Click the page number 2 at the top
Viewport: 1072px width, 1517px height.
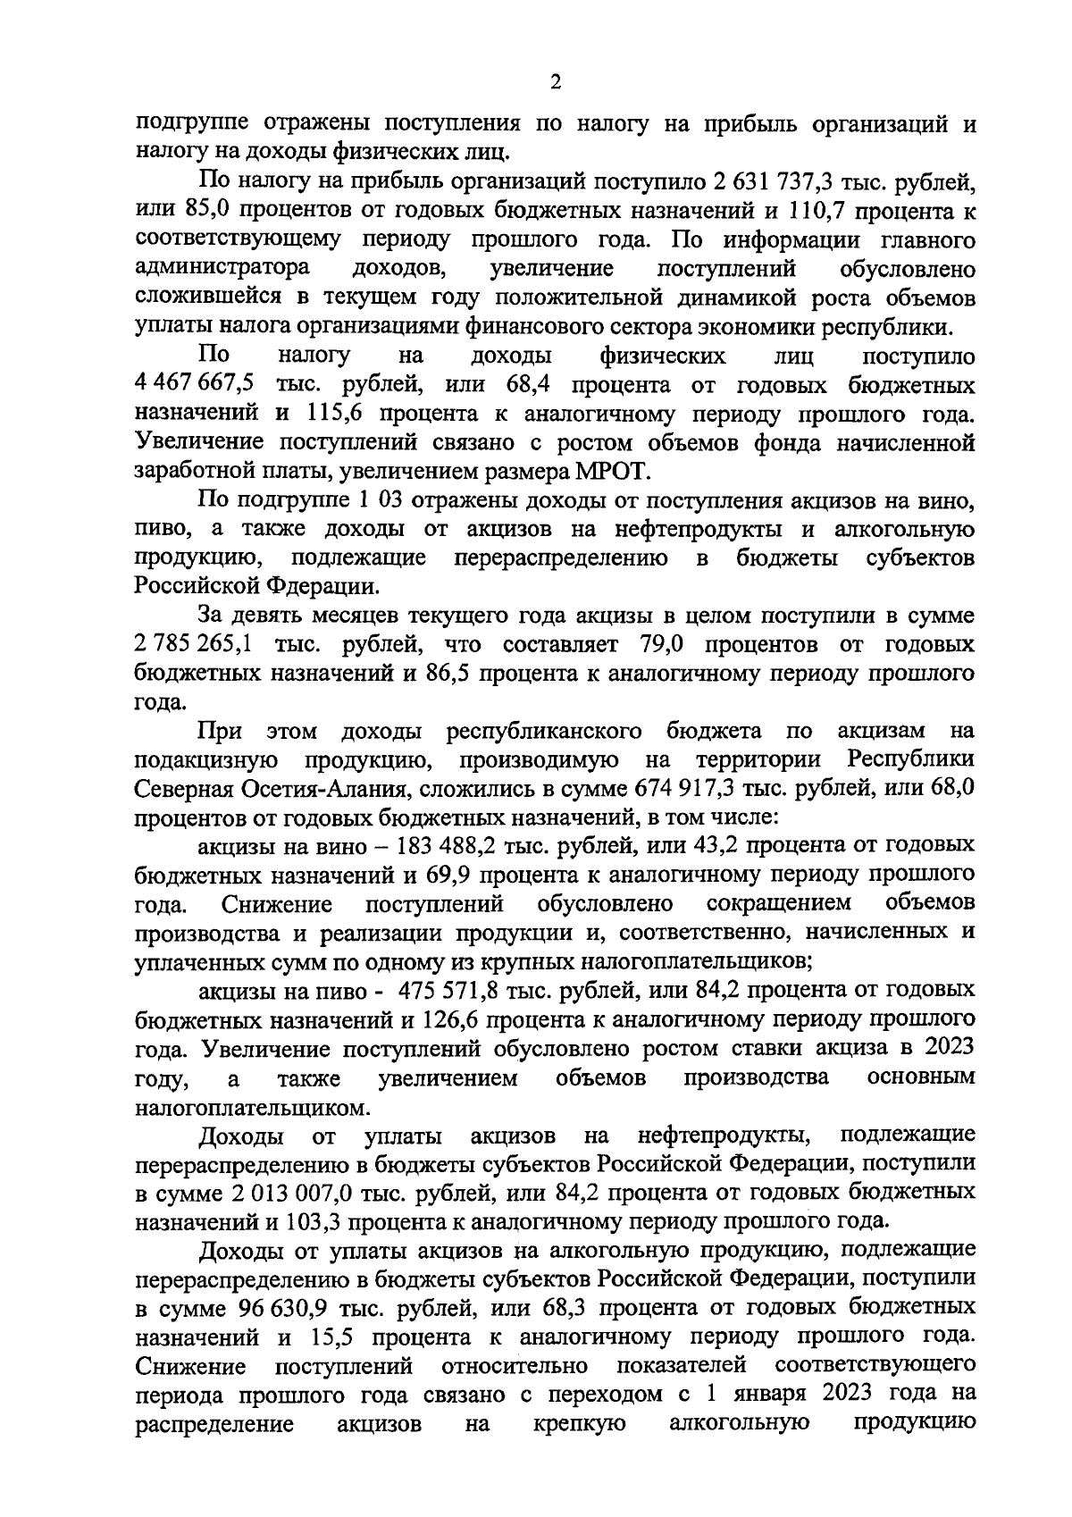(555, 82)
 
